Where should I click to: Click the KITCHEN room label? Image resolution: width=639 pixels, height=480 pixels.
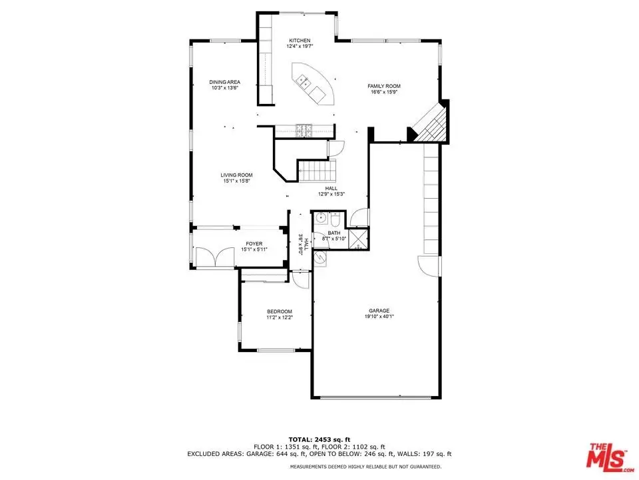pyautogui.click(x=300, y=41)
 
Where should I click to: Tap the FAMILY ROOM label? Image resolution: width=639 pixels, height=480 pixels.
pyautogui.click(x=384, y=86)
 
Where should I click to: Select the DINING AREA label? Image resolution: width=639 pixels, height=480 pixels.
pyautogui.click(x=224, y=82)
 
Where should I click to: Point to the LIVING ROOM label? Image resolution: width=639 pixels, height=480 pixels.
pyautogui.click(x=236, y=175)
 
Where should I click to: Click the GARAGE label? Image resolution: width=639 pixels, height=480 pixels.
pyautogui.click(x=379, y=311)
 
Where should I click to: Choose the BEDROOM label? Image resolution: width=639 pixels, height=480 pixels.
pyautogui.click(x=280, y=311)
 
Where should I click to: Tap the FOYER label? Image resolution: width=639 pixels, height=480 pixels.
pyautogui.click(x=254, y=244)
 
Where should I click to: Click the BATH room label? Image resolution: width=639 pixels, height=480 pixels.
pyautogui.click(x=333, y=233)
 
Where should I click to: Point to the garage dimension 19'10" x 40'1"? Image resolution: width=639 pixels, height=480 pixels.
pyautogui.click(x=379, y=316)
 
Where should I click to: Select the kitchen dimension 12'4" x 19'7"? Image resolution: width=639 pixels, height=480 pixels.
pyautogui.click(x=300, y=46)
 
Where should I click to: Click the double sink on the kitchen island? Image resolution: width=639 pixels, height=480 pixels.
pyautogui.click(x=304, y=81)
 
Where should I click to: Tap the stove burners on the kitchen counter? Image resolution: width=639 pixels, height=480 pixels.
pyautogui.click(x=304, y=130)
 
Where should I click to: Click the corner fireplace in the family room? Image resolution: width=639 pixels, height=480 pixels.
pyautogui.click(x=430, y=123)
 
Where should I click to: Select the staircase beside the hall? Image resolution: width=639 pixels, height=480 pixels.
pyautogui.click(x=318, y=171)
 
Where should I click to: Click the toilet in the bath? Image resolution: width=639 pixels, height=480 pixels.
pyautogui.click(x=335, y=219)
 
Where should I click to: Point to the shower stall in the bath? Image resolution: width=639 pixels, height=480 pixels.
pyautogui.click(x=359, y=239)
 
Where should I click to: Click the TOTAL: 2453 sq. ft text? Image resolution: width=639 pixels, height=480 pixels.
pyautogui.click(x=319, y=439)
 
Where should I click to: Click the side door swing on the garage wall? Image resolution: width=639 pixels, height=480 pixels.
pyautogui.click(x=429, y=266)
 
